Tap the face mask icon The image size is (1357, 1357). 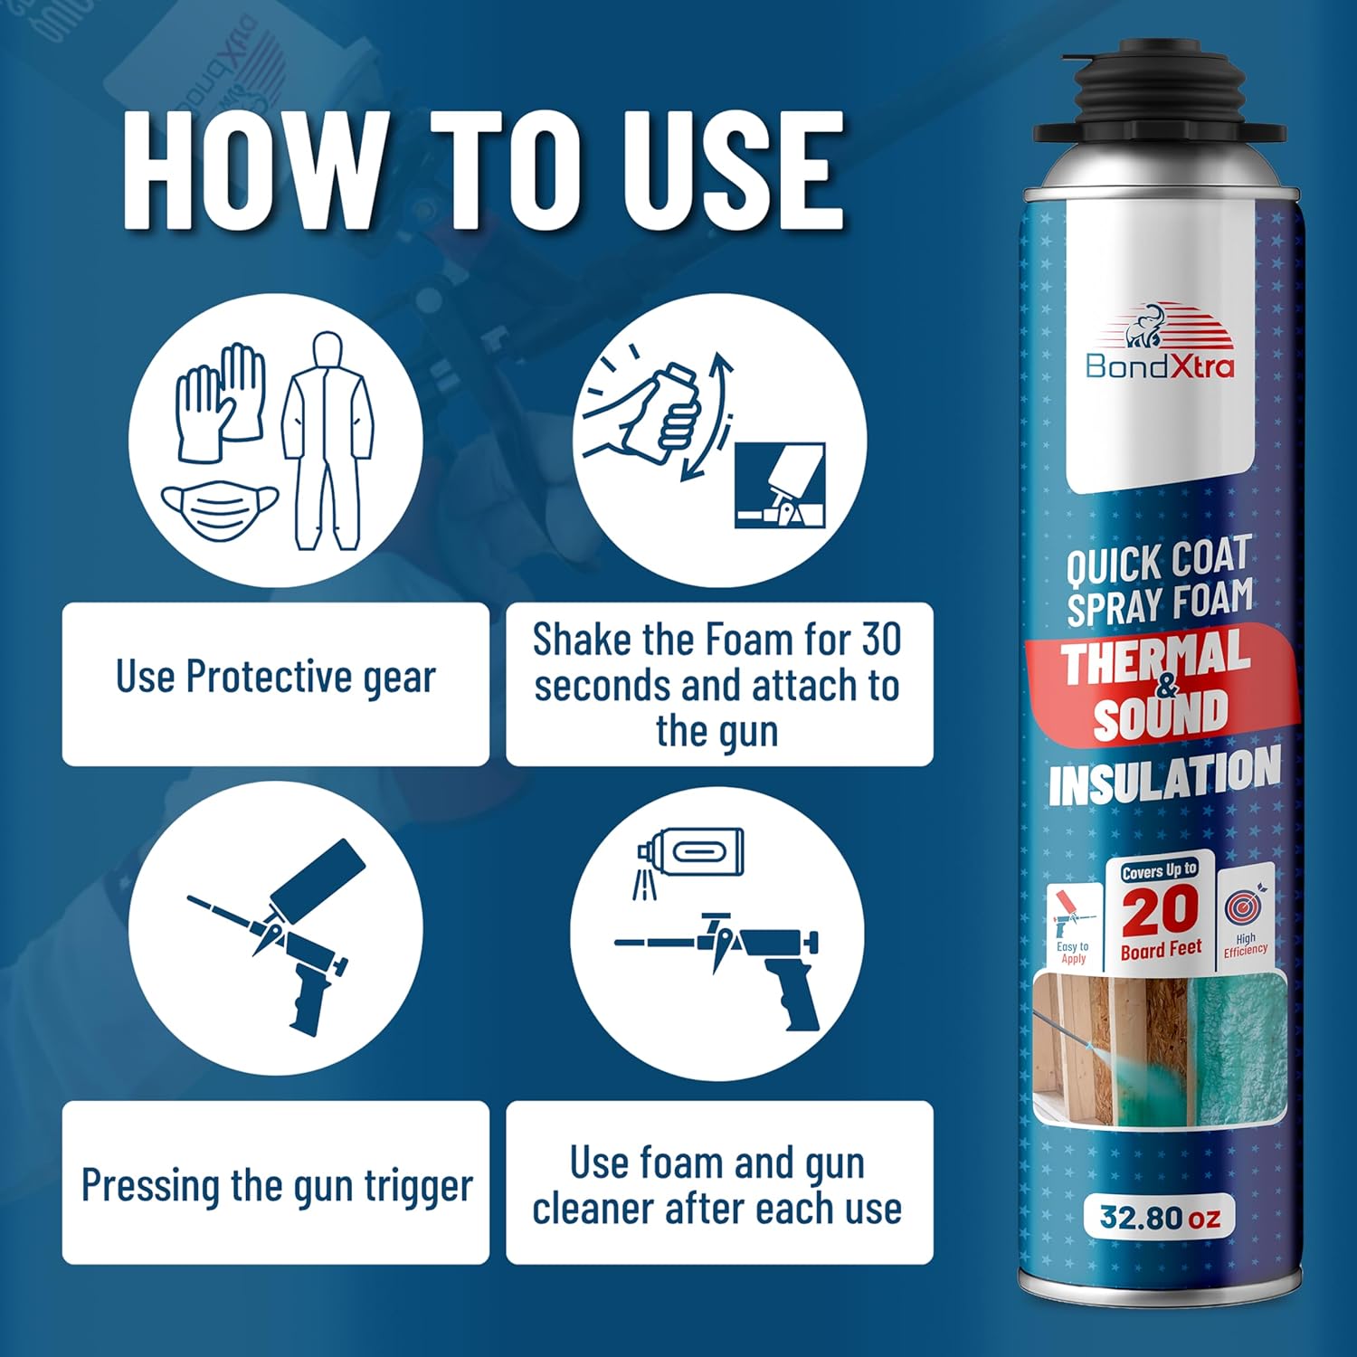[x=221, y=510]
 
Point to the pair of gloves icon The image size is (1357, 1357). [x=220, y=403]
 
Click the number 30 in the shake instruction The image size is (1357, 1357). [x=880, y=640]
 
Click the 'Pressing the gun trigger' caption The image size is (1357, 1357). [x=277, y=1184]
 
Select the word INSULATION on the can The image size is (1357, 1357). [x=1164, y=777]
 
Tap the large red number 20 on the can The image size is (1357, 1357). [x=1161, y=911]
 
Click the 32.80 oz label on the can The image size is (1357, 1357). [x=1160, y=1217]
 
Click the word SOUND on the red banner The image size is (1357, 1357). [x=1161, y=715]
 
